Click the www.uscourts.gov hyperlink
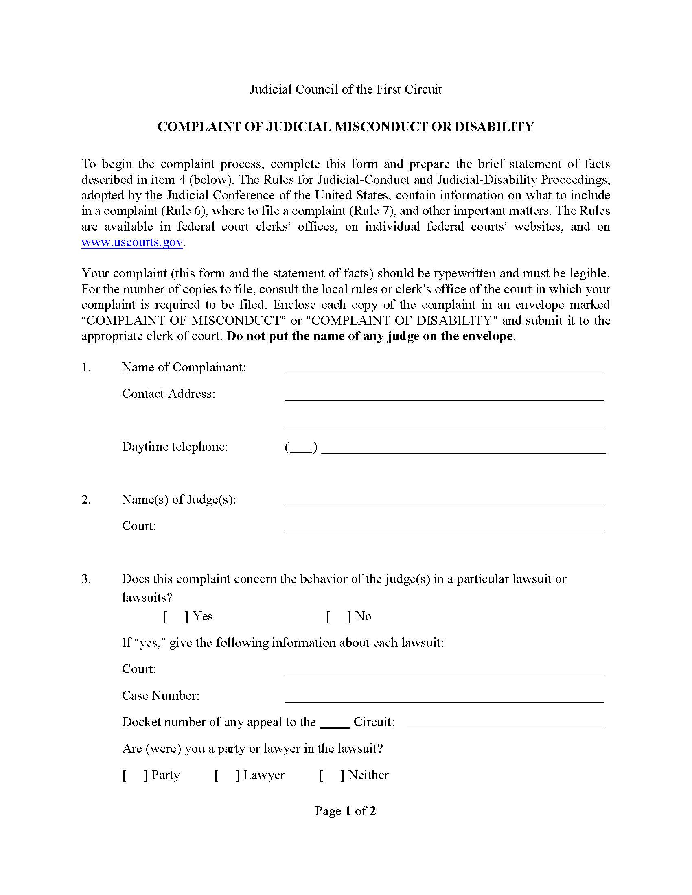tap(132, 242)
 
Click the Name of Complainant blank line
tap(444, 369)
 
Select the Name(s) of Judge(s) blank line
tap(444, 501)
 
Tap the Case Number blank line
tap(444, 697)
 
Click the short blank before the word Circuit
tap(335, 723)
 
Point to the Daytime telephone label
tap(175, 446)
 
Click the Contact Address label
tap(169, 393)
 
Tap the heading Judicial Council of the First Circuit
tap(346, 89)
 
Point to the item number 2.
tap(85, 500)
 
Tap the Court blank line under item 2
tap(444, 528)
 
